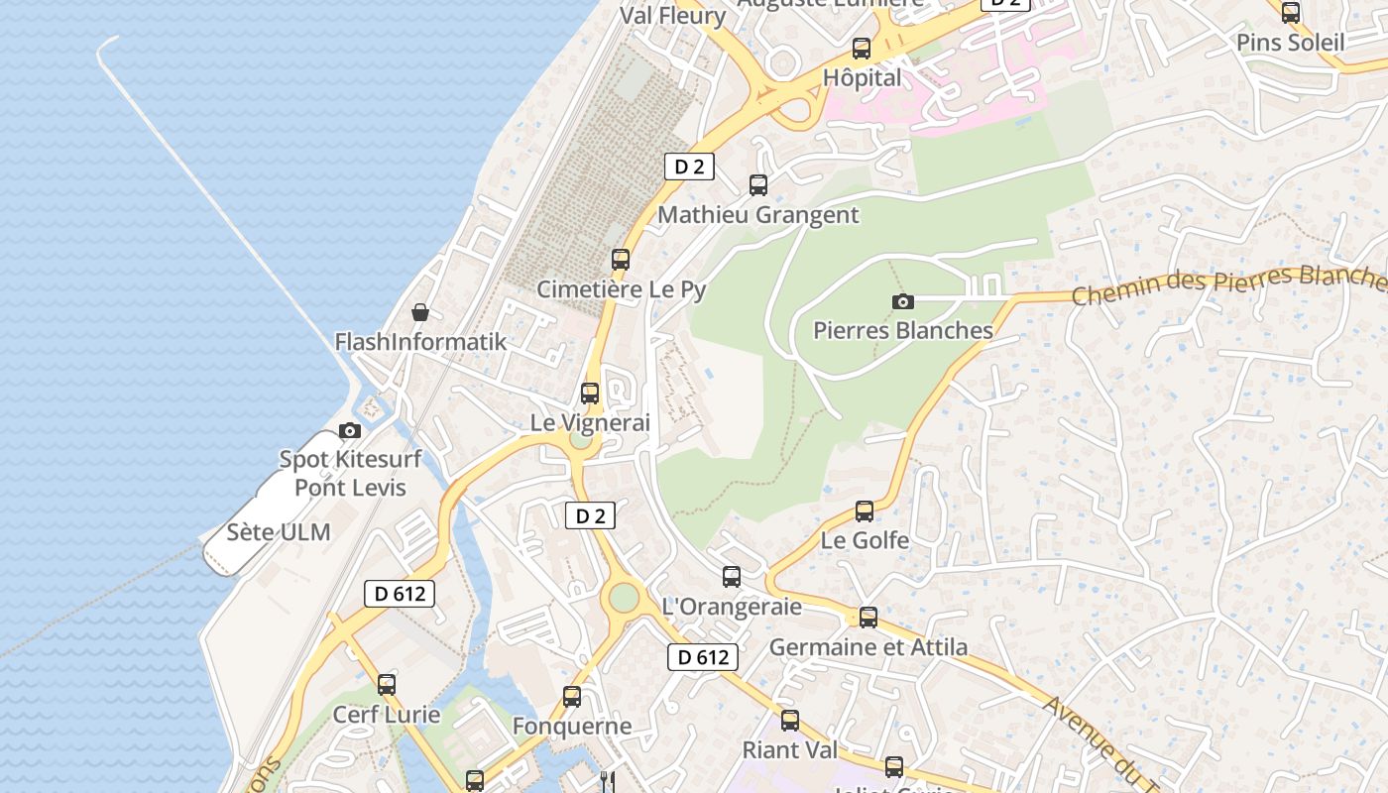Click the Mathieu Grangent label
coord(758,215)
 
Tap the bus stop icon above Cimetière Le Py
coord(621,260)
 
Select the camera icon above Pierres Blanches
coord(902,301)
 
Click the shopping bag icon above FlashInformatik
coord(420,312)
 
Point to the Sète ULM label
coord(279,532)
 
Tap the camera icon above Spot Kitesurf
coord(350,430)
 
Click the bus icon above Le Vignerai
coord(590,393)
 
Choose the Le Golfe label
coord(865,541)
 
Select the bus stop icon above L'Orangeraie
coord(732,576)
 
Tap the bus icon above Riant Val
coord(790,721)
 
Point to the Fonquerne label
coord(572,727)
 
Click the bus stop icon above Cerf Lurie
coord(387,684)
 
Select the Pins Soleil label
coord(1291,44)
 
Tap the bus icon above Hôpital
coord(862,48)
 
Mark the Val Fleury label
coord(673,16)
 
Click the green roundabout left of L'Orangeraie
coord(624,598)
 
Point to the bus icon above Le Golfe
coord(865,511)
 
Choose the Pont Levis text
coord(350,488)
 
